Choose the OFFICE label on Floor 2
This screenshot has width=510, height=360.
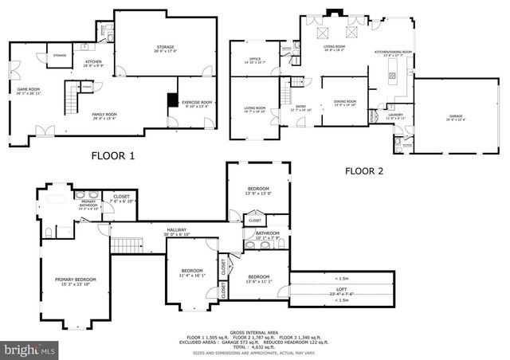pos(255,59)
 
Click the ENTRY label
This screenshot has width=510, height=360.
pos(301,107)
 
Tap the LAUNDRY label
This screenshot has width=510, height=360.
pos(396,115)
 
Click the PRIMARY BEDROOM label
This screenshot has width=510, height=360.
pos(75,281)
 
